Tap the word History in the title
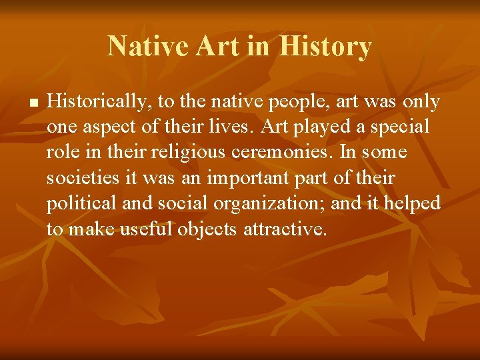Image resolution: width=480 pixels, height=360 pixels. pos(325,47)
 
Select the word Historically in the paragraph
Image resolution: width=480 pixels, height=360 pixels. pos(91,102)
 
